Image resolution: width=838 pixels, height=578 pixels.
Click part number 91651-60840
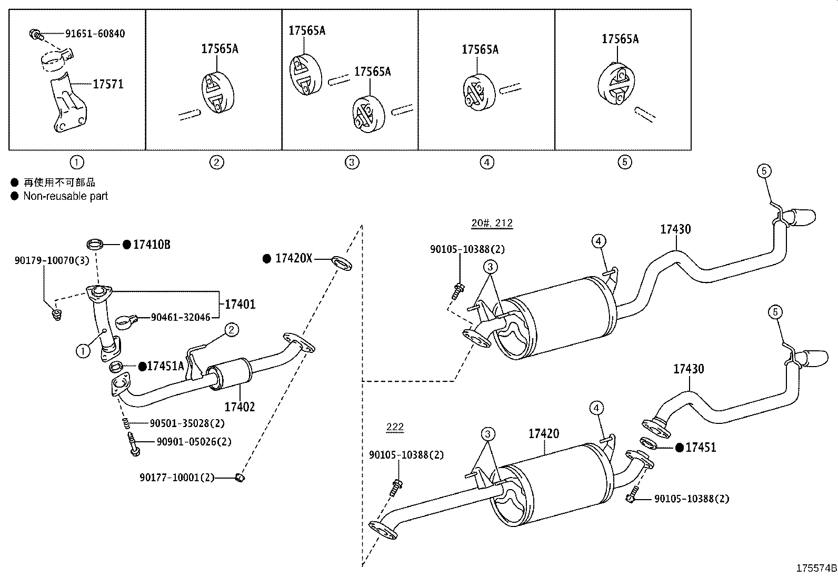pyautogui.click(x=95, y=34)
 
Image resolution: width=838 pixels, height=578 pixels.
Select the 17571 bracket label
pyautogui.click(x=108, y=84)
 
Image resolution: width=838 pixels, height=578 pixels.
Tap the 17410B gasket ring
pyautogui.click(x=95, y=244)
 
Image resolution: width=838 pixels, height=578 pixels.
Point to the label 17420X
pyautogui.click(x=294, y=258)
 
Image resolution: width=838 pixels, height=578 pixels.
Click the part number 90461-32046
pyautogui.click(x=180, y=317)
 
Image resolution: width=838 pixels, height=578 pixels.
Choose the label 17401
pyautogui.click(x=240, y=304)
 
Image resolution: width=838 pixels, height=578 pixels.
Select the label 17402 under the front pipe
pyautogui.click(x=240, y=407)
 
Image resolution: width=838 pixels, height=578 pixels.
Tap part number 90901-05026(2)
pyautogui.click(x=193, y=441)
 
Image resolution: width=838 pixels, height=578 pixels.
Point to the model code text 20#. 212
pyautogui.click(x=492, y=223)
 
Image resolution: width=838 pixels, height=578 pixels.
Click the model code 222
pyautogui.click(x=395, y=427)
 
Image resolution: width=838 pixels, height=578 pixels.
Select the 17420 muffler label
pyautogui.click(x=544, y=433)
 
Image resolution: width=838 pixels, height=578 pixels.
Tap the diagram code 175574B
pyautogui.click(x=816, y=569)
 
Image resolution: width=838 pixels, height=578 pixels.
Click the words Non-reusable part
pyautogui.click(x=65, y=196)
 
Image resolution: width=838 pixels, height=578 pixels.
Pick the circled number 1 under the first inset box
pyautogui.click(x=77, y=162)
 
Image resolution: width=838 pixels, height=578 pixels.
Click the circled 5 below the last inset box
pyautogui.click(x=624, y=162)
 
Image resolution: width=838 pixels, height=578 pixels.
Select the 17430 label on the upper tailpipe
pyautogui.click(x=676, y=229)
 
